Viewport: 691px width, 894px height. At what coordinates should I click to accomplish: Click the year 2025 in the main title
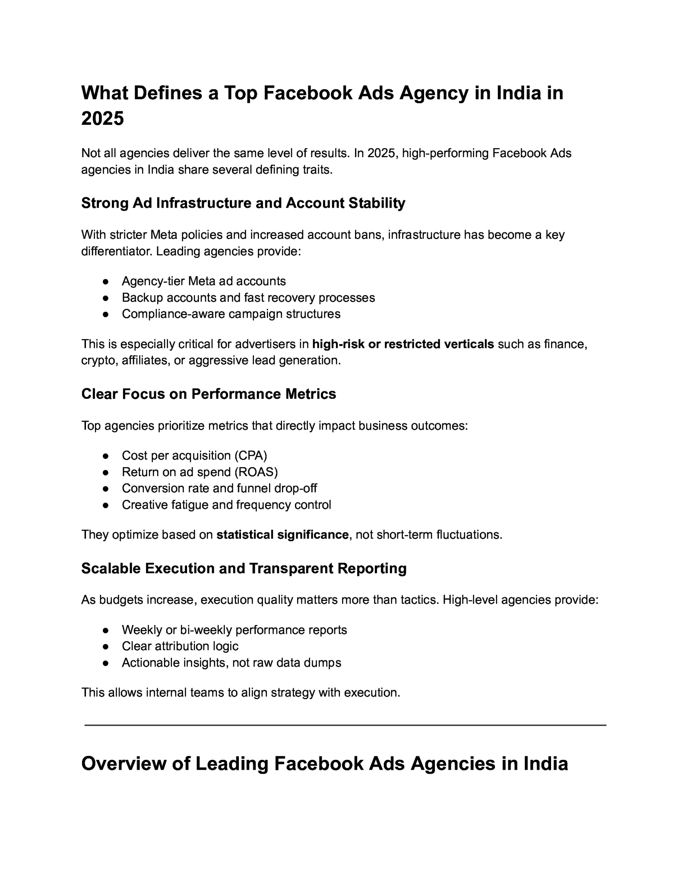pos(102,118)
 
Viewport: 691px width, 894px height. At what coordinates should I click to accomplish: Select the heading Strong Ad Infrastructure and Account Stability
pos(243,203)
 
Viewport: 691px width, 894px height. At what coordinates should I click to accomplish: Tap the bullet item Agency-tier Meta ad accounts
pos(203,281)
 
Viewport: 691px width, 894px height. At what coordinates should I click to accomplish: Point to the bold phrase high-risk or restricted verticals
pos(403,344)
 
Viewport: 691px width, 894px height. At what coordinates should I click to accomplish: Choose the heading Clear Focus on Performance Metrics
pos(208,394)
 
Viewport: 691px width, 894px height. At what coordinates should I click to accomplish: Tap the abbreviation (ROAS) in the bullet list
pos(256,472)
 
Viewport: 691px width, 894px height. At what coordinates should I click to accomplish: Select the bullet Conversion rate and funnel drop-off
pos(219,488)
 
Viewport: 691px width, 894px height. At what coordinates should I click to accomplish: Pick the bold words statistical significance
pos(282,535)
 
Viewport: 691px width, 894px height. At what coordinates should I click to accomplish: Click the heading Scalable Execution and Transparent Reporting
pos(244,569)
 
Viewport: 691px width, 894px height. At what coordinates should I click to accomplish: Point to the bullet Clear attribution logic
pos(180,646)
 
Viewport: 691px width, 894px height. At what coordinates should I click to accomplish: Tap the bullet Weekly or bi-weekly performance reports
pos(234,630)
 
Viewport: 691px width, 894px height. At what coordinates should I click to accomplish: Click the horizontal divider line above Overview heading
pos(345,726)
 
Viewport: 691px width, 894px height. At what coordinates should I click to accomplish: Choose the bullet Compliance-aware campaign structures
pos(231,314)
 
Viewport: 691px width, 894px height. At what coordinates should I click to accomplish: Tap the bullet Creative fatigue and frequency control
pos(226,505)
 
